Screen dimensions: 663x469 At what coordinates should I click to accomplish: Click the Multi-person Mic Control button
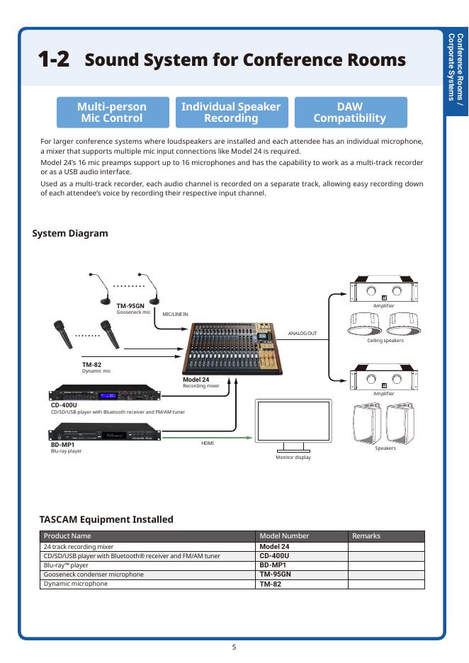[113, 112]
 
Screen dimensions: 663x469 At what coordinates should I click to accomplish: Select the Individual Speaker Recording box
[231, 112]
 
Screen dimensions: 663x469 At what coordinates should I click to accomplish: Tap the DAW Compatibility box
[350, 112]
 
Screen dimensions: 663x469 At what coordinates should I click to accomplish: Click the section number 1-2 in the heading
[54, 59]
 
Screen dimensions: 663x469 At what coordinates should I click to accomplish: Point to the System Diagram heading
[70, 233]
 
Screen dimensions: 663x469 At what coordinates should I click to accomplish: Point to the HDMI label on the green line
[207, 443]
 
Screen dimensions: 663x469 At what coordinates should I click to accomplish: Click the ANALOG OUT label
[303, 333]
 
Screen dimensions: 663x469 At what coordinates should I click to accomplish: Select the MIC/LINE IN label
[175, 314]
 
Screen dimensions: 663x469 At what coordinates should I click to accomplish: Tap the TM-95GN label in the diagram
[130, 306]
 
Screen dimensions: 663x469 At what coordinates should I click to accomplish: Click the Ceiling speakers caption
[385, 341]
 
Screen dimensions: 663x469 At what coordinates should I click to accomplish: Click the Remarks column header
[366, 536]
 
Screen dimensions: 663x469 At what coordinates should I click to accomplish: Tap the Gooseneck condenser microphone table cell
[94, 574]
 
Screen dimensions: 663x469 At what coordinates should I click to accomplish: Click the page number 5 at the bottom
[234, 646]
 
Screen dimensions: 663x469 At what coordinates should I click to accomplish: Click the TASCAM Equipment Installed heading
[106, 519]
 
